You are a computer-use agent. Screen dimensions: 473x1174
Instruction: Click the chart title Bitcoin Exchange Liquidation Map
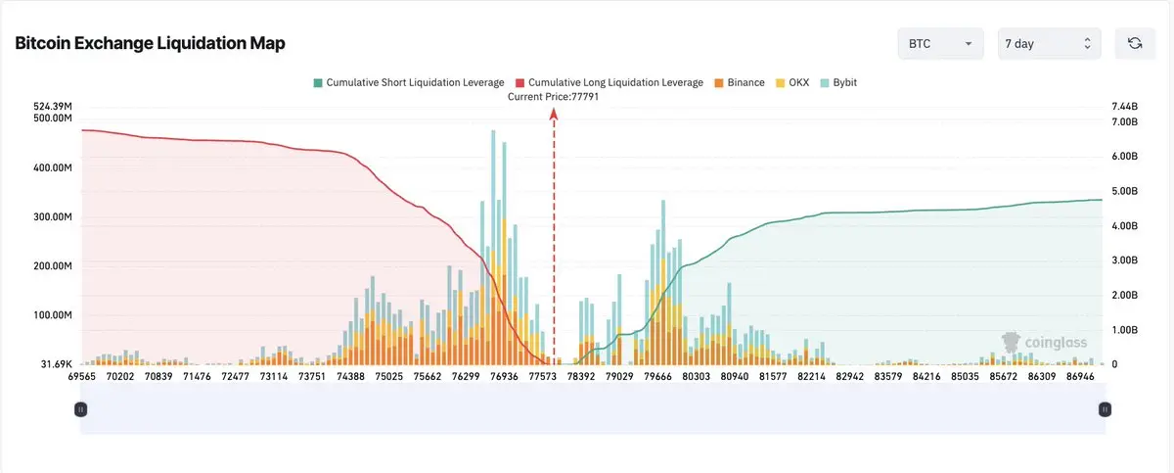[150, 44]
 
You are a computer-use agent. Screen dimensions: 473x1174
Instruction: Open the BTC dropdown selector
[940, 44]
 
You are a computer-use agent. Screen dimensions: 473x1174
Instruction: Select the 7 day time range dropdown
[1049, 44]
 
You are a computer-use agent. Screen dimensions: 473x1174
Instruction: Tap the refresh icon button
[1134, 43]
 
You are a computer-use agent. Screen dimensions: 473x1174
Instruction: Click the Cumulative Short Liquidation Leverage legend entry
[408, 83]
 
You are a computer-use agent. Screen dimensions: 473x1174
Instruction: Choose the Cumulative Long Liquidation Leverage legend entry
[609, 83]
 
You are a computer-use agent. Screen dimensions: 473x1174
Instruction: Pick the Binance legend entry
[740, 83]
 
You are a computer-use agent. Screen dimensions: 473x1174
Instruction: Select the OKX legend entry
[794, 83]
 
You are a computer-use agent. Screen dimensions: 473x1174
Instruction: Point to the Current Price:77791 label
[553, 97]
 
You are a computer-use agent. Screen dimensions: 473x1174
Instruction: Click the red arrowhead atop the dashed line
[554, 114]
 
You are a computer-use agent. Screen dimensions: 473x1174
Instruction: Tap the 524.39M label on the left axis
[53, 106]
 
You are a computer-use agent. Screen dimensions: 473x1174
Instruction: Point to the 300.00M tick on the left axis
[53, 217]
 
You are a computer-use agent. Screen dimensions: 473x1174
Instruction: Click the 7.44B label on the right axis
[1125, 106]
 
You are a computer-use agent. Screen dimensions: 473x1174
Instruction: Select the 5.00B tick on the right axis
[1125, 191]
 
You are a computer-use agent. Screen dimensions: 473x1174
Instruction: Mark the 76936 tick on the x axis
[505, 376]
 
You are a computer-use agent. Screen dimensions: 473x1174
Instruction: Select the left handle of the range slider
[81, 409]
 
